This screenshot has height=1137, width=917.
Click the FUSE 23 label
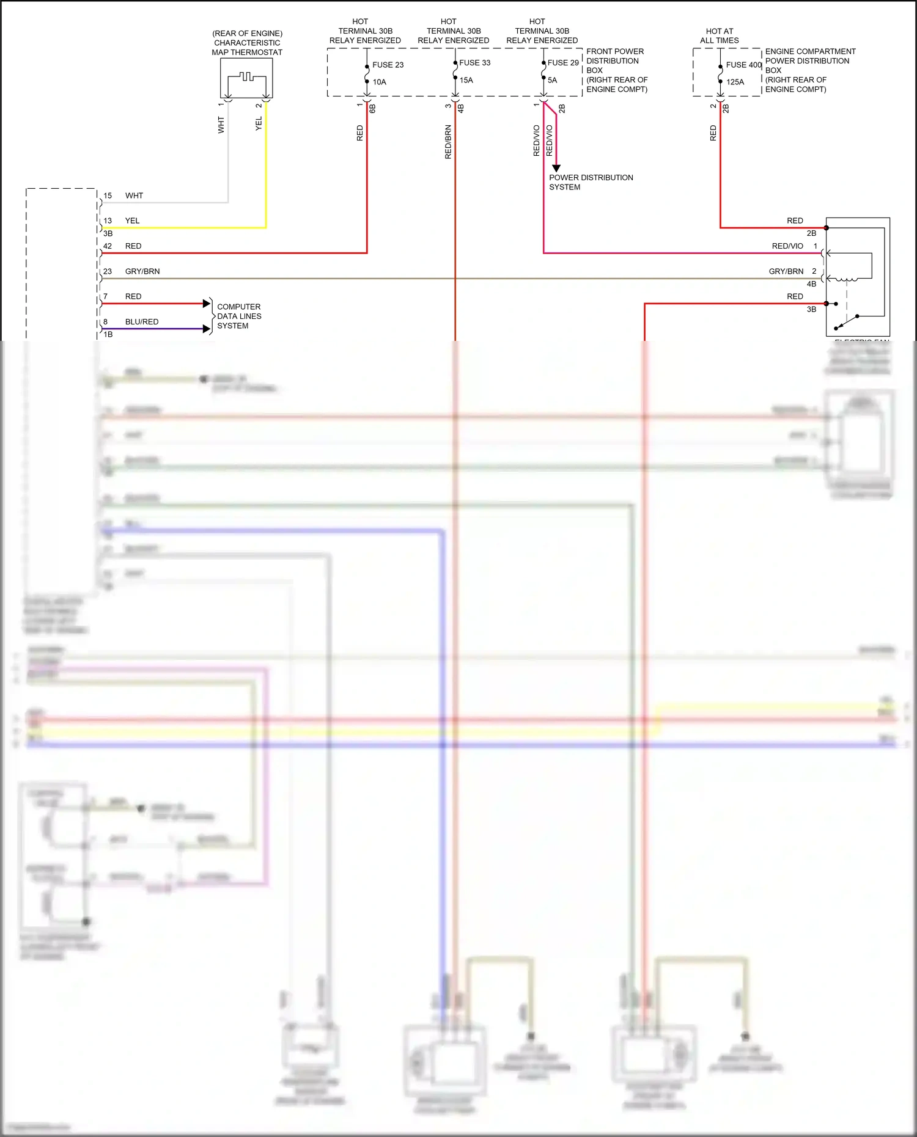coord(388,65)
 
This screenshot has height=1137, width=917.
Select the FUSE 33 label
coord(474,63)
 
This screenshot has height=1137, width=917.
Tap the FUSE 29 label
coord(562,63)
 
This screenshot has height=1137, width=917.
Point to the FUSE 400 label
coord(743,65)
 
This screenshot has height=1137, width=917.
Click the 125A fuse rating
coord(735,82)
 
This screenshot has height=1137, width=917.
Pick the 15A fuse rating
coord(466,80)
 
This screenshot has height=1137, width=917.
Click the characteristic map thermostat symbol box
coord(246,78)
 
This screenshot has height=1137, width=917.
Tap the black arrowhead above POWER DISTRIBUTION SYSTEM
coord(556,168)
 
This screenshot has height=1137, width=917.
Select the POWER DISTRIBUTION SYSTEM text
coord(591,182)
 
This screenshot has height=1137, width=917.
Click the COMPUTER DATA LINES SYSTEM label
coord(239,316)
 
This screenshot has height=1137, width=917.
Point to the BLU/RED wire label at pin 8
coord(142,322)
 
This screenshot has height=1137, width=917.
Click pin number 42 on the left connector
coord(108,246)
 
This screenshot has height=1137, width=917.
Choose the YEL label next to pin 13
coord(132,221)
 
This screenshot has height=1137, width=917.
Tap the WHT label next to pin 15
coord(134,196)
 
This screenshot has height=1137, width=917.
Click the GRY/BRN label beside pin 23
coord(142,271)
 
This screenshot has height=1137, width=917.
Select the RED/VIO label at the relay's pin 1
coord(787,246)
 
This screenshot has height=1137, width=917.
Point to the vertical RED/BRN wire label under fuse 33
coord(448,142)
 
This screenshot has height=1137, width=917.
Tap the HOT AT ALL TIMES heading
coord(719,35)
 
